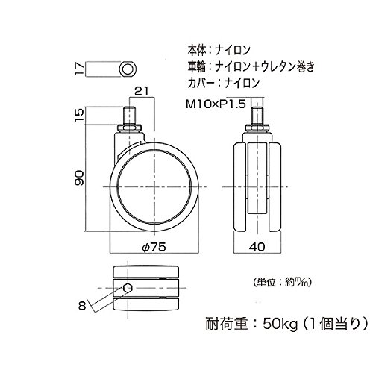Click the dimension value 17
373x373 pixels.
click(x=80, y=69)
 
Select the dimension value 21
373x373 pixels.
click(x=141, y=91)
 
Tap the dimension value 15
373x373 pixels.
click(x=80, y=116)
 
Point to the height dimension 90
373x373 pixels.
click(x=80, y=178)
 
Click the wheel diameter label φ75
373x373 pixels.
click(x=154, y=247)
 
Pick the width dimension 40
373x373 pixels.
click(x=257, y=247)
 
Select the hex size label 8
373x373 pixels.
click(x=82, y=306)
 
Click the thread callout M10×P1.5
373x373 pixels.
click(x=216, y=104)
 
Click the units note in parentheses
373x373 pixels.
click(x=282, y=282)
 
